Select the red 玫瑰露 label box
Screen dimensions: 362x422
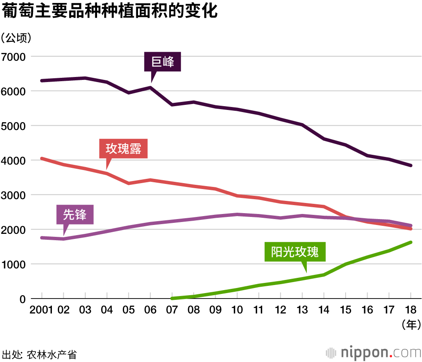click(x=123, y=149)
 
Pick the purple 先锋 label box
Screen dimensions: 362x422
click(x=75, y=215)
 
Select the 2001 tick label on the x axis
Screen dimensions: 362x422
click(x=41, y=310)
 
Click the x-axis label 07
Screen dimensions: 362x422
click(x=172, y=310)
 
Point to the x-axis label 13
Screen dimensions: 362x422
click(x=302, y=310)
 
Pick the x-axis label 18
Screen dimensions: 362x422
click(x=411, y=310)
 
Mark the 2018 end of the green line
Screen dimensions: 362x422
click(x=411, y=242)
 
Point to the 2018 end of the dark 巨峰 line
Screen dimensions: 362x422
click(x=411, y=165)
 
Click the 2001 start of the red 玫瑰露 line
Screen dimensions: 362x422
click(x=41, y=159)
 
